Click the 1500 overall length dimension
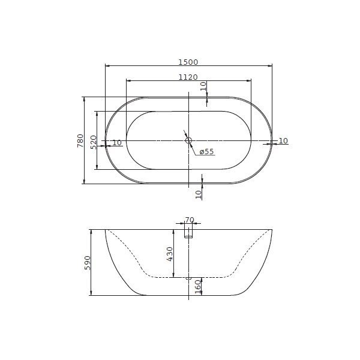188,62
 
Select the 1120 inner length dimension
188,77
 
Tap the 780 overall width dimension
80,141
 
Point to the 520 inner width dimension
94,142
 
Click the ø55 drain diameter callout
206,152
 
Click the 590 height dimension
88,263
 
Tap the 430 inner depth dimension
170,254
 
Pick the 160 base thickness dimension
198,287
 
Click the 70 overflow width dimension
190,220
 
